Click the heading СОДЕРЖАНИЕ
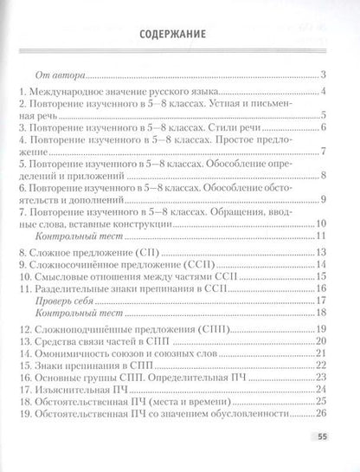coord(180,36)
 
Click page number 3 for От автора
coord(321,76)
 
